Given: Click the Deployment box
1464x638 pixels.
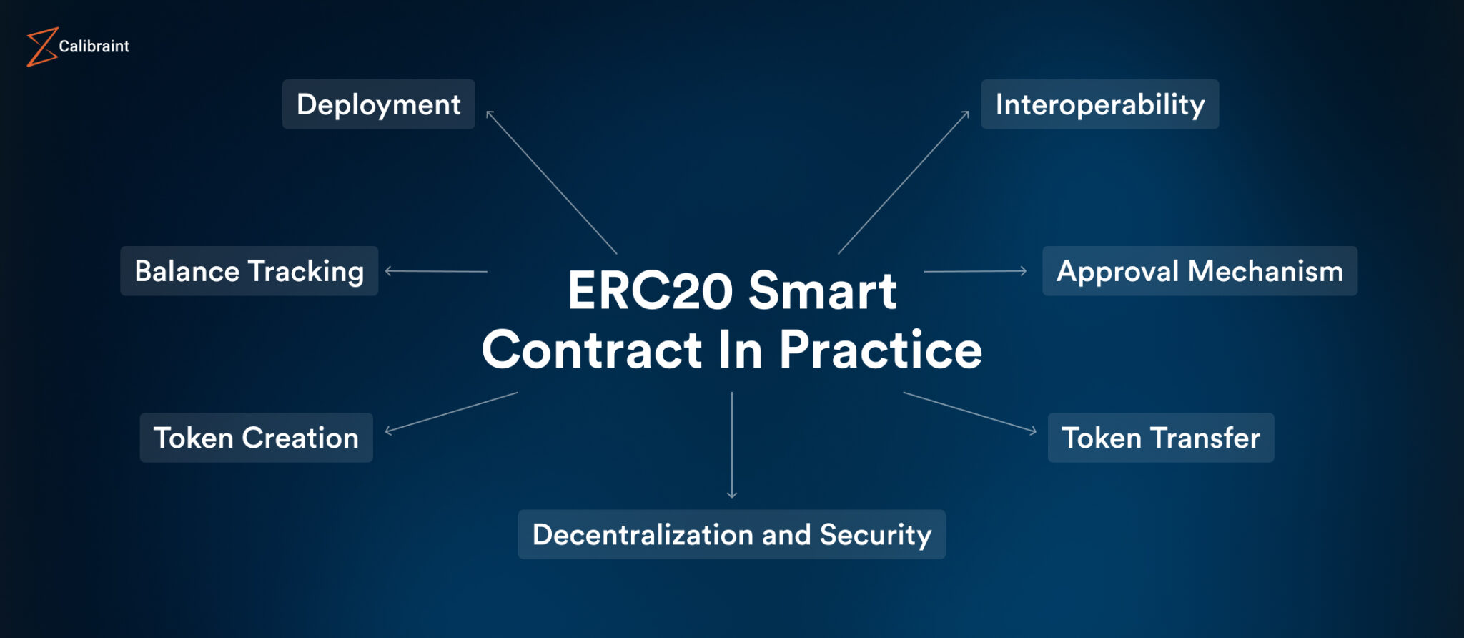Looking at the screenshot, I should click(x=378, y=104).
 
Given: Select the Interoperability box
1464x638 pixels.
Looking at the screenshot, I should click(x=1099, y=104).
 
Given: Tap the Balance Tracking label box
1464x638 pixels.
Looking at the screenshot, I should click(x=249, y=271).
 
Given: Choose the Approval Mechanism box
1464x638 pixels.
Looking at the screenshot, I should click(x=1200, y=271).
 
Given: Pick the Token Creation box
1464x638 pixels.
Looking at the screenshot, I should click(x=256, y=438).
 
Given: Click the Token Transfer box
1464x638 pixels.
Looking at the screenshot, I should click(x=1160, y=438).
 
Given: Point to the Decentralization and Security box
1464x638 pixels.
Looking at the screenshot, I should click(x=731, y=534).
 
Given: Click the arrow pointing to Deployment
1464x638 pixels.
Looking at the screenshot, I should click(x=551, y=182).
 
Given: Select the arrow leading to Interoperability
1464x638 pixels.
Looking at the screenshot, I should click(x=904, y=182).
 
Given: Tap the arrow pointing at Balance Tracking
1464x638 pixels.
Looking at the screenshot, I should click(x=436, y=271).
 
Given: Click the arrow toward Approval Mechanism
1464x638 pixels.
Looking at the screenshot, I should click(x=975, y=271).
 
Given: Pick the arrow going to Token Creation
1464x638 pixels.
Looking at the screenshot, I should click(x=452, y=412).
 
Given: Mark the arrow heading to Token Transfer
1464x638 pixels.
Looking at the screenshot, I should click(x=969, y=412).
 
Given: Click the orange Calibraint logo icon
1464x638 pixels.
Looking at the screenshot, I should click(x=41, y=47).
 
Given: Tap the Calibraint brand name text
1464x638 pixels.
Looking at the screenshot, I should click(x=94, y=46).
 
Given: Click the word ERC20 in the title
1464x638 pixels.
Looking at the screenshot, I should click(x=651, y=291).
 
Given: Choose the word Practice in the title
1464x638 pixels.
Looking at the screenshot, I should click(x=880, y=350).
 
